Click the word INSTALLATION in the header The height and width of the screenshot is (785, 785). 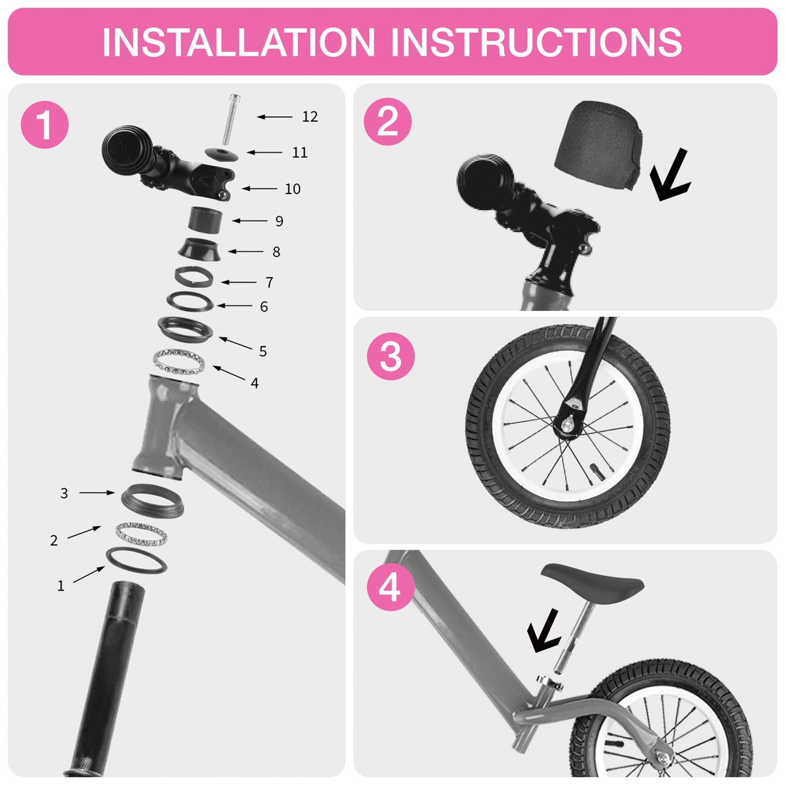coord(238,42)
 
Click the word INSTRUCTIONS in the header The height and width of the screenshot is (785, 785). coord(537,42)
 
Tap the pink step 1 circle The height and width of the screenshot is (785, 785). coord(45,124)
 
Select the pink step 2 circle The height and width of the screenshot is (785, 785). coord(387,121)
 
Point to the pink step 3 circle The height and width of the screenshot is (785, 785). coord(390,356)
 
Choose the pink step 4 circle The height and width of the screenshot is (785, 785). coord(390,588)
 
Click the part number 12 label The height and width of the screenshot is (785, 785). coord(310,117)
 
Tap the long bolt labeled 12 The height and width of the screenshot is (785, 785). coord(231,120)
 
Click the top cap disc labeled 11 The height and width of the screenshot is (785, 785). coord(222,154)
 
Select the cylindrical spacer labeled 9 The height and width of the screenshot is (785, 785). coord(205,221)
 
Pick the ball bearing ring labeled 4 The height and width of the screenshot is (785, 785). coord(179,361)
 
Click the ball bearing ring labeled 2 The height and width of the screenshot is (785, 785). coord(142,534)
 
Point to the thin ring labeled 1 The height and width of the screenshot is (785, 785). coord(136,561)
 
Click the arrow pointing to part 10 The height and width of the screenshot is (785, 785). coord(260,189)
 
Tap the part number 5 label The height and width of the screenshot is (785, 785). coord(263,351)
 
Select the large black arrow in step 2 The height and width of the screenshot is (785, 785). coord(669,175)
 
